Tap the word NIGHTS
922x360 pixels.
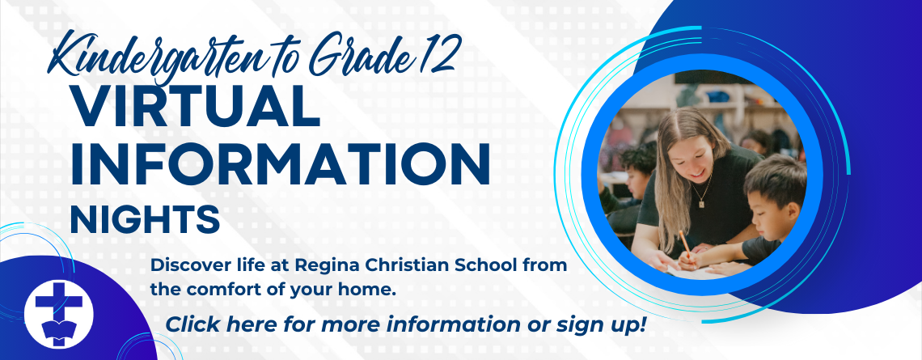[145, 219]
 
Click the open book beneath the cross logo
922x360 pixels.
[58, 330]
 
